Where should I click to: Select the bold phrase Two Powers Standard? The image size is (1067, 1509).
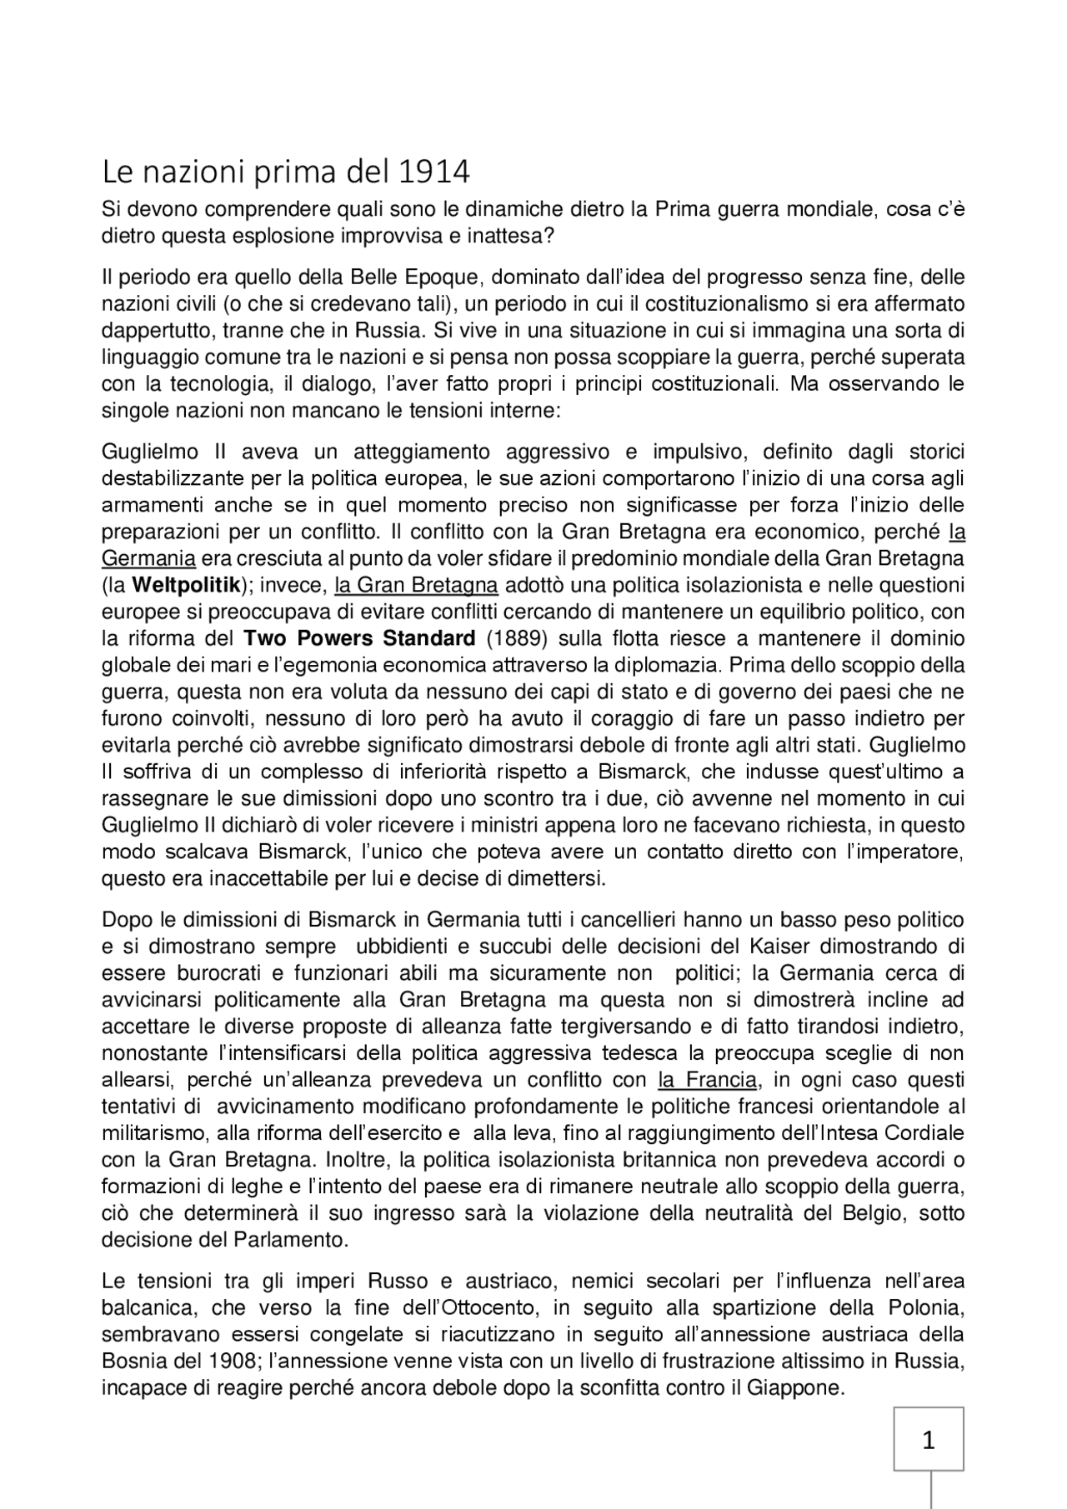pos(359,639)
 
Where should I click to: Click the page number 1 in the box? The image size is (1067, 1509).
pos(929,1439)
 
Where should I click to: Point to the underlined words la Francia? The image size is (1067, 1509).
pos(708,1081)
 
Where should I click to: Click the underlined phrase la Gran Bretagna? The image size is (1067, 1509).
pos(416,585)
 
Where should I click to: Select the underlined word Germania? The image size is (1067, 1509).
pos(148,558)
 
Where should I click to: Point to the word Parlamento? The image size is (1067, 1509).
pos(295,1240)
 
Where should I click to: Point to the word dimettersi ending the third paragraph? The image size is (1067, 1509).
pos(559,879)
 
